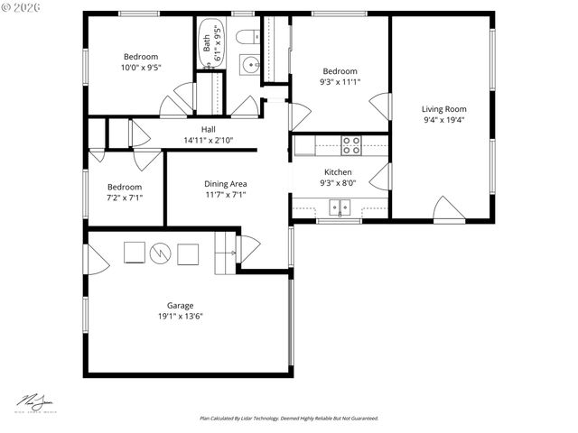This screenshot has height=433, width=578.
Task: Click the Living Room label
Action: pos(443,109)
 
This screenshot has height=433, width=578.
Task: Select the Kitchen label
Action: pos(338,172)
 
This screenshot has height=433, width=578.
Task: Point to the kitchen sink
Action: pos(341,208)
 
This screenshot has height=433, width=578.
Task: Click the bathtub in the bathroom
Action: pos(210,42)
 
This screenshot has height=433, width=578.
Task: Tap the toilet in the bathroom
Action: pos(247,37)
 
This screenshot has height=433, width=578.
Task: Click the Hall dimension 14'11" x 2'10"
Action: pos(208,141)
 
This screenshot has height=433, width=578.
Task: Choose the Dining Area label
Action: pos(225,184)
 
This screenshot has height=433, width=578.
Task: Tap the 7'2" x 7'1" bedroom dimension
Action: pos(125,198)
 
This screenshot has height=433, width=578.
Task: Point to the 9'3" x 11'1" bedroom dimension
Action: pos(340,83)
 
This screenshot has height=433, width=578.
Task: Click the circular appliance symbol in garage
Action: pos(161,253)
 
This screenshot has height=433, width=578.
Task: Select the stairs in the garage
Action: pos(224,253)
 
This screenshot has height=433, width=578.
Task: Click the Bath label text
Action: pos(207,41)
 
